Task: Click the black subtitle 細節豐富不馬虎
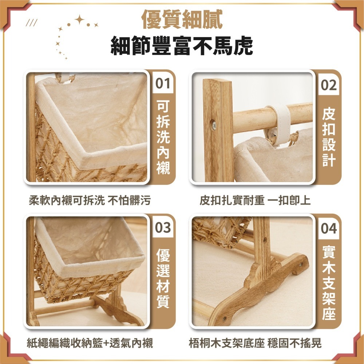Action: click(x=182, y=46)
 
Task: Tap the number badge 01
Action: click(x=163, y=84)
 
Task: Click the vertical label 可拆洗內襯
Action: click(x=163, y=137)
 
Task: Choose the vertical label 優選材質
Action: click(x=163, y=278)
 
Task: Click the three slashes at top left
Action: click(x=32, y=24)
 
